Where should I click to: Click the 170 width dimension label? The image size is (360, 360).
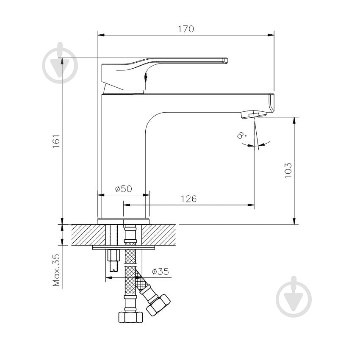coord(186,29)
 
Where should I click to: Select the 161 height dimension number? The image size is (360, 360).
coord(56,141)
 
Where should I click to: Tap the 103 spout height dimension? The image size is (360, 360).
coord(288,170)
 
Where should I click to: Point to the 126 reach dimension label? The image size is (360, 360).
coord(189,199)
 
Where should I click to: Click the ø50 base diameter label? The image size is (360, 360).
coord(124,189)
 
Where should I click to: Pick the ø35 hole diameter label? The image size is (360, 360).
coord(160,271)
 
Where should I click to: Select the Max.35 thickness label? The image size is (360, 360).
coord(56,270)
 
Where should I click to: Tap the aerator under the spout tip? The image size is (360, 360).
coord(253,114)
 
